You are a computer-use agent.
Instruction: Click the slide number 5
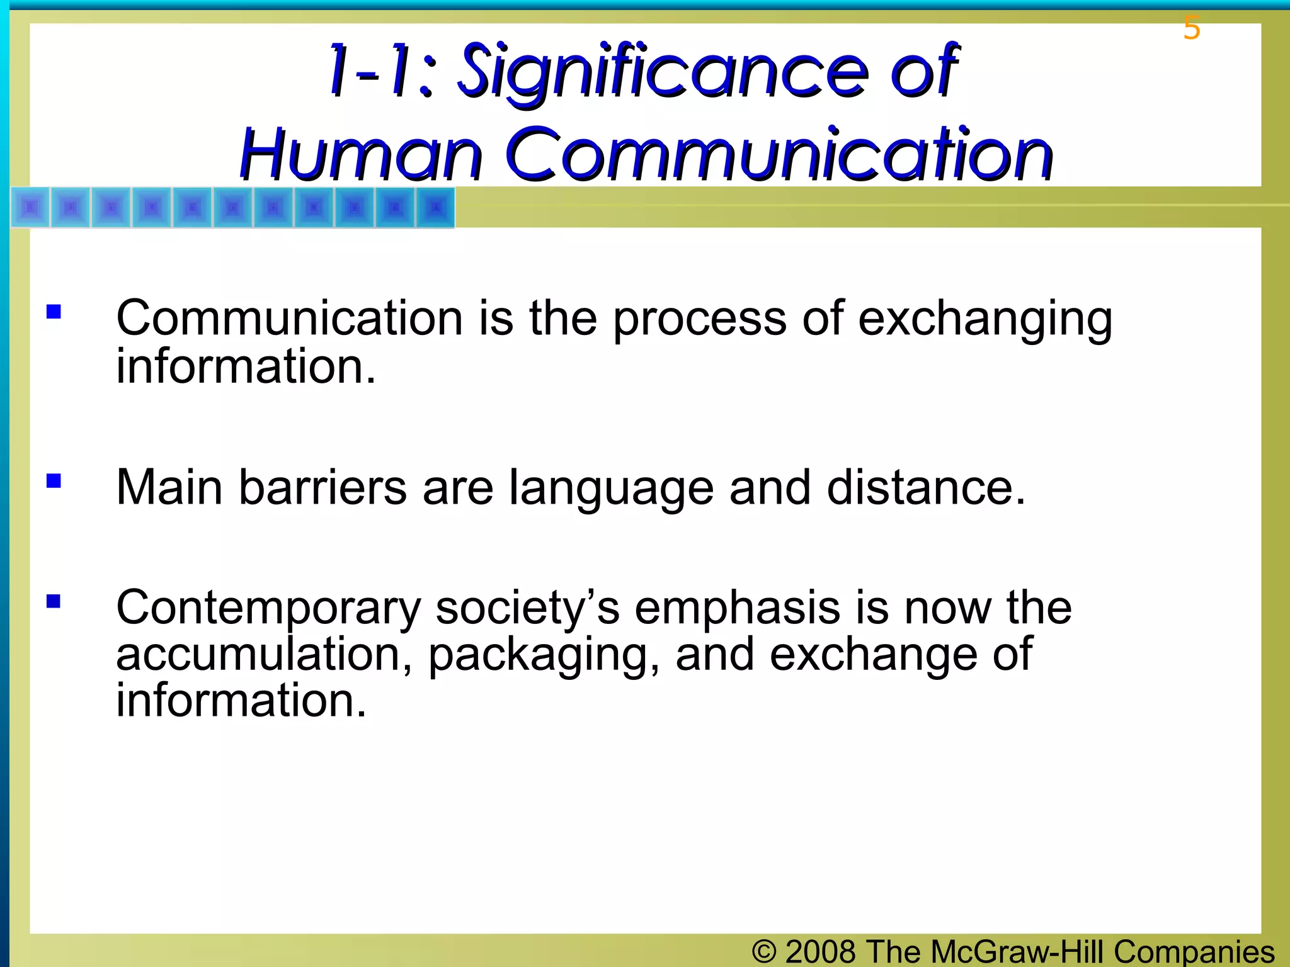coord(1191,28)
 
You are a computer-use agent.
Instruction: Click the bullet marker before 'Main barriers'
coord(54,482)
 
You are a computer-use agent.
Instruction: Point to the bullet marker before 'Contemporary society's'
coord(54,601)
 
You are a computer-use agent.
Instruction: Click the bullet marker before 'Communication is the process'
coord(54,312)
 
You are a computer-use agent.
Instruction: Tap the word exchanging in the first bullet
coord(985,320)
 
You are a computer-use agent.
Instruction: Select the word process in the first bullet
coord(699,320)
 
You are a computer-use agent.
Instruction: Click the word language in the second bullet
coord(611,489)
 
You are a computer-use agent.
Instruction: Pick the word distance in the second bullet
coord(926,487)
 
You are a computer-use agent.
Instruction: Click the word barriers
coord(322,487)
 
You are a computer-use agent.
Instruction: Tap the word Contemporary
coord(268,609)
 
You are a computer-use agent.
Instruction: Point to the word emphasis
coord(737,609)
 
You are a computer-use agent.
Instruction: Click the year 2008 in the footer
coord(821,951)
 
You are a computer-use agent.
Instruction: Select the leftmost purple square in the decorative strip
coord(30,207)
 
